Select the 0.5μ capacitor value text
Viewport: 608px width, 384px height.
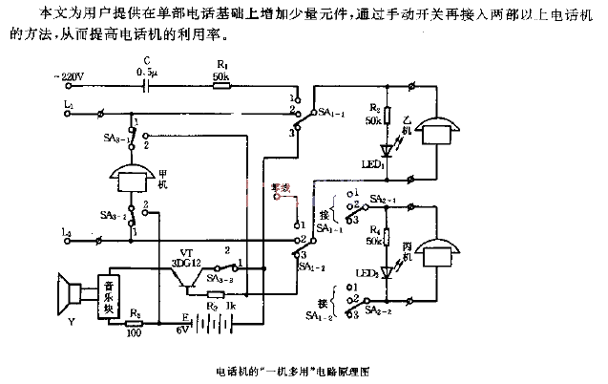click(x=146, y=74)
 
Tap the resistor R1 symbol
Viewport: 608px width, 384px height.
click(x=220, y=86)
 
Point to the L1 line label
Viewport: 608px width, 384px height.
click(x=68, y=103)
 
